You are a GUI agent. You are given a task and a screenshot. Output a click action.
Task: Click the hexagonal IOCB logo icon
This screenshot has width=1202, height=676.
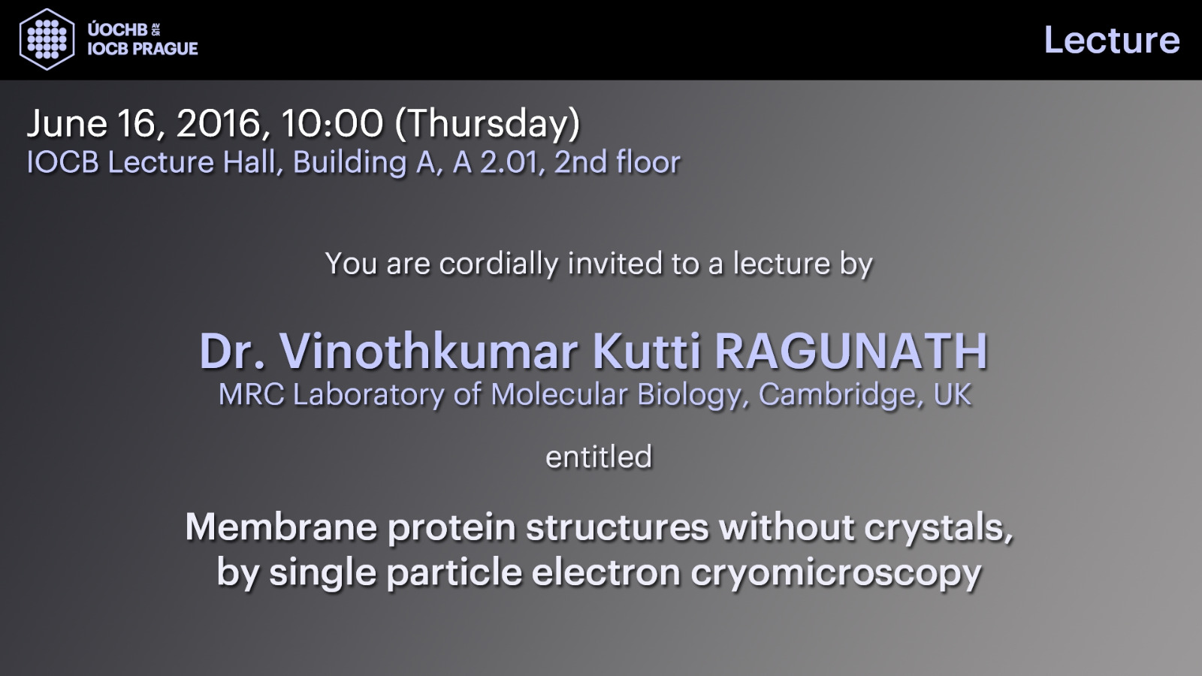pos(47,39)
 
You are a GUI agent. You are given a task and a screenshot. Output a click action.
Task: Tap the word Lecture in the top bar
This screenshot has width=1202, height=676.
pos(1111,41)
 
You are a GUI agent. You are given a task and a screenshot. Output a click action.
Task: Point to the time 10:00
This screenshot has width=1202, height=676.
pos(331,123)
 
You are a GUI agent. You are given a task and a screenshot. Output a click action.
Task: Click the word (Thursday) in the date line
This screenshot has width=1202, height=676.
pos(488,125)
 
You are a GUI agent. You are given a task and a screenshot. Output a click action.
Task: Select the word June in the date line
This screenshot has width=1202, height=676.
pos(67,123)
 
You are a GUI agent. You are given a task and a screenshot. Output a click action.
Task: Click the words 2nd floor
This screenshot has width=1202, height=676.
pos(617,162)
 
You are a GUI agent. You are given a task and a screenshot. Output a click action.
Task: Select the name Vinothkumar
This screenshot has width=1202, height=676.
pos(428,352)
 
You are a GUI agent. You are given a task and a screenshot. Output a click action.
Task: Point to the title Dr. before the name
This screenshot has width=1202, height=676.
pos(232,352)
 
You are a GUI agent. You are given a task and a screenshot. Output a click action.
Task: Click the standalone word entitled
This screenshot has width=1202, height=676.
pos(599,457)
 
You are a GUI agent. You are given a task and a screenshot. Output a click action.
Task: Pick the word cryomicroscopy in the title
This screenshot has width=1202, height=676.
pos(836,574)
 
